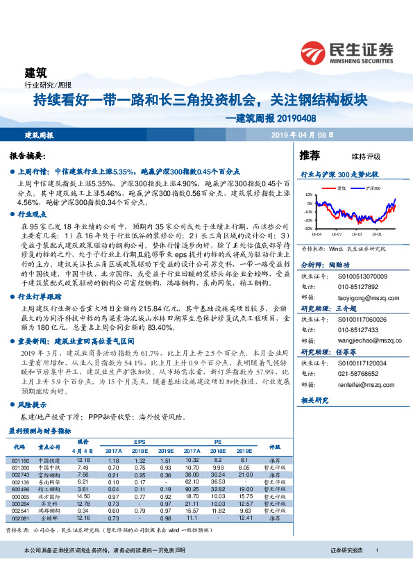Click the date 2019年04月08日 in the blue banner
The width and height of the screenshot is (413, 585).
coord(302,135)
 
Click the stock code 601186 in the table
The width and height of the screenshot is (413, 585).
coord(21,460)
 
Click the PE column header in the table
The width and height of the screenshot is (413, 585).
coord(217,441)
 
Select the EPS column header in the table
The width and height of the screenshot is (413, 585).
coord(140,441)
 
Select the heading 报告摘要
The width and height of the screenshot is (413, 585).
coord(28,156)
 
